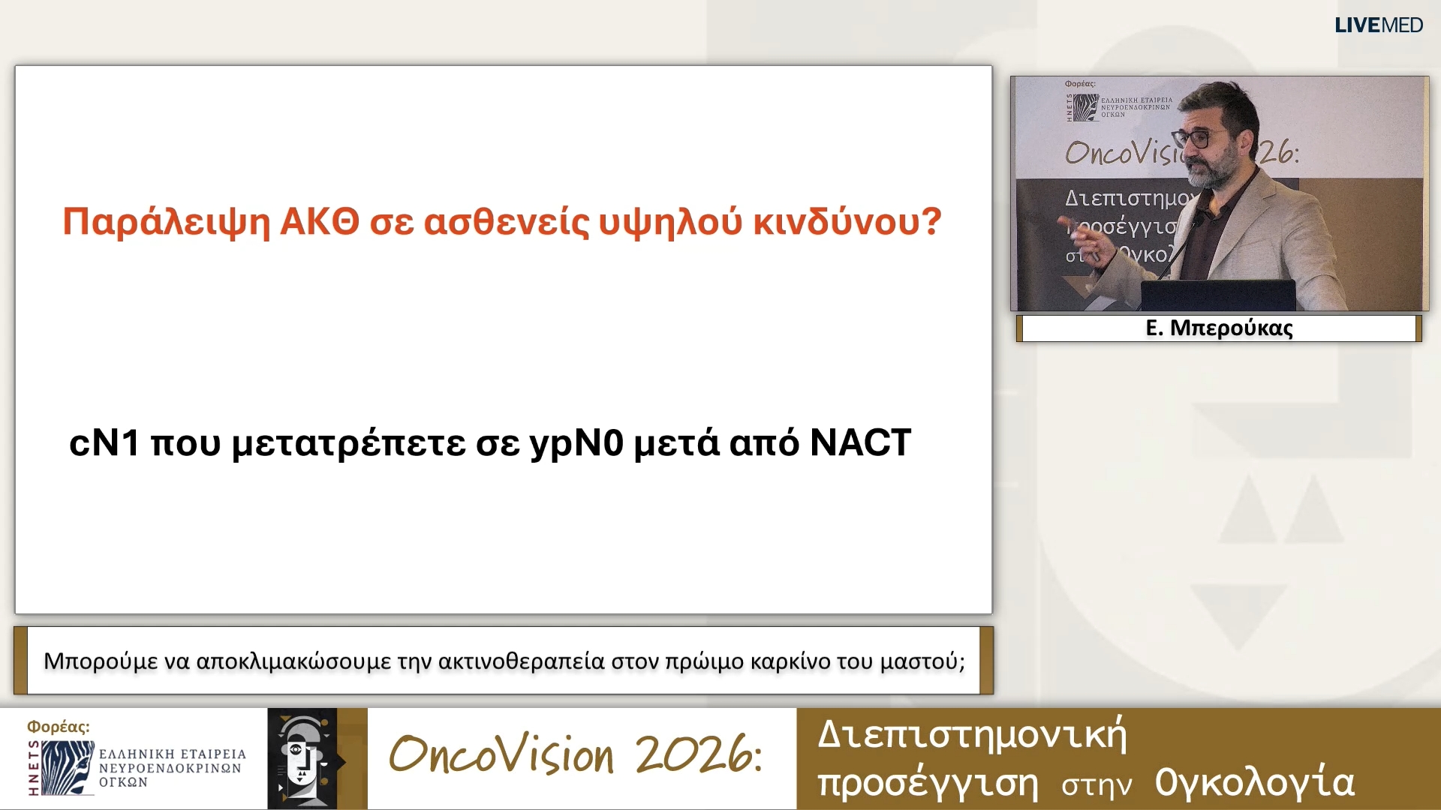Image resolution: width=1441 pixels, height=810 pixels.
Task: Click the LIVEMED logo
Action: click(x=1378, y=25)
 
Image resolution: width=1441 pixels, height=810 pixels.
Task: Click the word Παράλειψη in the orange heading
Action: click(x=166, y=222)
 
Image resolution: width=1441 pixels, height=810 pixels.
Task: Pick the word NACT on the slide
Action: click(x=860, y=442)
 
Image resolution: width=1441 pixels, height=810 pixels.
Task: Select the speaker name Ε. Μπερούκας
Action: click(x=1219, y=328)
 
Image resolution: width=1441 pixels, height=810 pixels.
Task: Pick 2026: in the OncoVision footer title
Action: click(x=698, y=754)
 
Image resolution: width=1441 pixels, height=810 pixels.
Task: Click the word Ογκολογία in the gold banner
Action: click(x=1254, y=782)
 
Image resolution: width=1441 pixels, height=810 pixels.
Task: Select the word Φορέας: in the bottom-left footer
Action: click(x=58, y=726)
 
